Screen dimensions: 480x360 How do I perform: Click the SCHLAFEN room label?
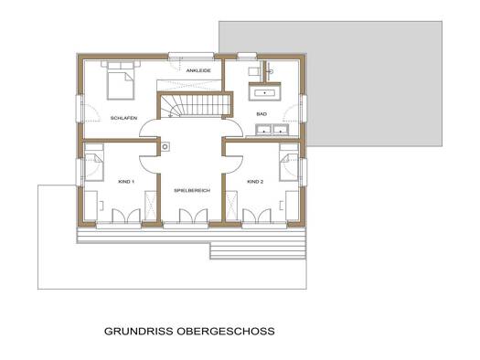123,118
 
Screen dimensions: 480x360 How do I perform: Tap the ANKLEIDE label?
198,70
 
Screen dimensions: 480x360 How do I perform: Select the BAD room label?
261,114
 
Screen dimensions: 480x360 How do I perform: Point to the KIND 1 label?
126,182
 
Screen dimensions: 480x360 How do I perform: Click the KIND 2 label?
255,182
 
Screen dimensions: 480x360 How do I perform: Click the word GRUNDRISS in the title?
138,332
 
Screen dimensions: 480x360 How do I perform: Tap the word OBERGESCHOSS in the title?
226,332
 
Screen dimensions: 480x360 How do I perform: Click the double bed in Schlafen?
121,80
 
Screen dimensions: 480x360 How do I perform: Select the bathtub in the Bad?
265,91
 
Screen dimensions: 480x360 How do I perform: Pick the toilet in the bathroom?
254,71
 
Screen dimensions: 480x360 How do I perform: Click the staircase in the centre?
195,105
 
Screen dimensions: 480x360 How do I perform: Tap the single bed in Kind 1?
93,163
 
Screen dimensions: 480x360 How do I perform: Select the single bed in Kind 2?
288,163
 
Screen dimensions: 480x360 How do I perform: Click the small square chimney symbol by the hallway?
165,147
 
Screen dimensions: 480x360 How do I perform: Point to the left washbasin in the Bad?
264,130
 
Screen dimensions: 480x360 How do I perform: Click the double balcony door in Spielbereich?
194,217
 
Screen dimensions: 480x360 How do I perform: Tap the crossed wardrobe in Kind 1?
150,205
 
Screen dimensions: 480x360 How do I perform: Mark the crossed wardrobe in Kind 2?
231,205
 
